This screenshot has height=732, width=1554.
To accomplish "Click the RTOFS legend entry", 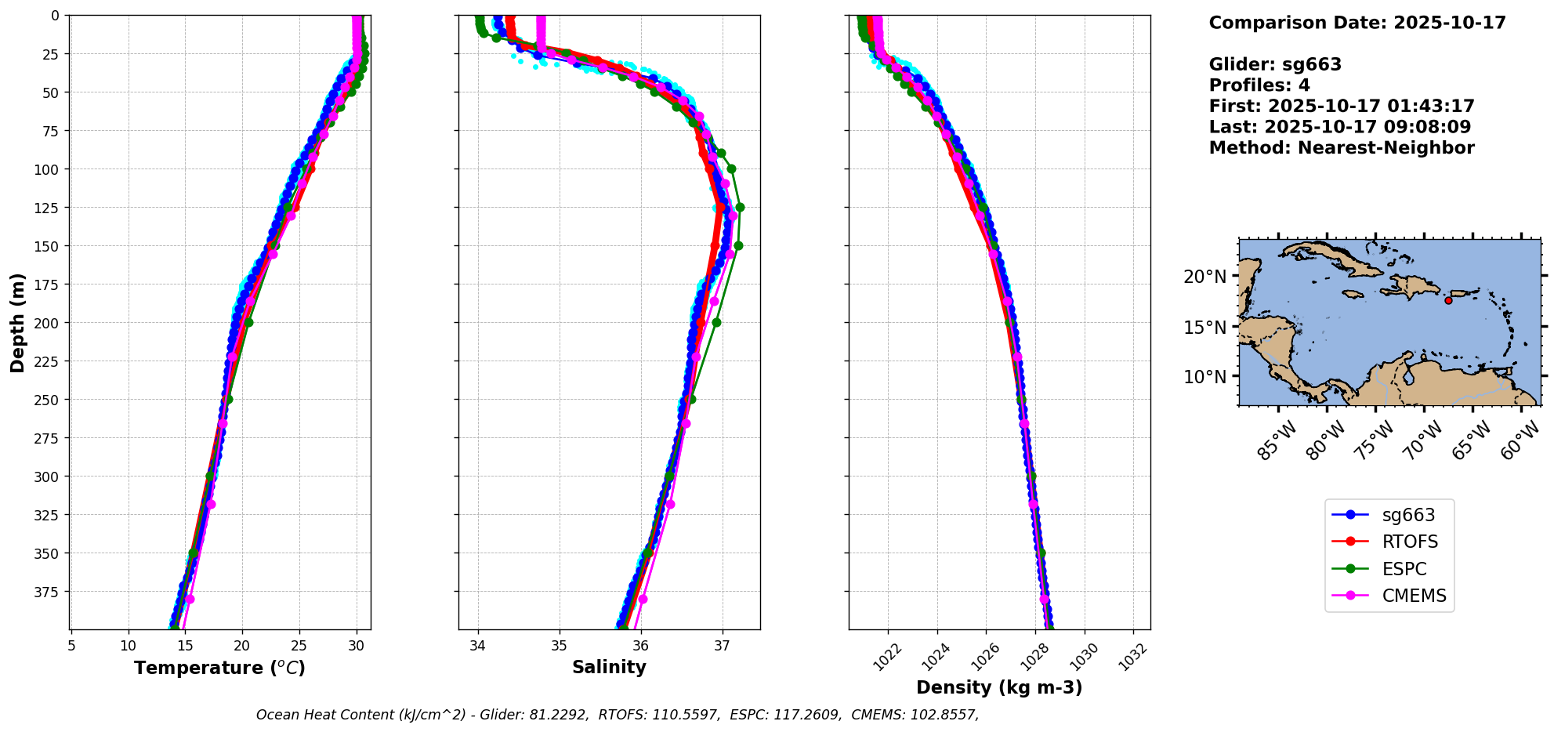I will click(x=1410, y=542).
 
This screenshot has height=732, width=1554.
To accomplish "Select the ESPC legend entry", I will click(x=1404, y=569).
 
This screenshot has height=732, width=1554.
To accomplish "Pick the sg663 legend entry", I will click(x=1408, y=515).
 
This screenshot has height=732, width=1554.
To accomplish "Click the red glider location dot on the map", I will click(x=1448, y=300).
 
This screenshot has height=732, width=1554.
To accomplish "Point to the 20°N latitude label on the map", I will click(x=1204, y=277).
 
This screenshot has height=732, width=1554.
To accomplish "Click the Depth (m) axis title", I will click(x=18, y=322).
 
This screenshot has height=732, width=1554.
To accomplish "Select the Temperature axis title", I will click(x=219, y=669).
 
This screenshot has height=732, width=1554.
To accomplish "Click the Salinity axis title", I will click(x=609, y=668).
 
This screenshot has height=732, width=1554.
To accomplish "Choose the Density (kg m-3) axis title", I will click(x=999, y=688).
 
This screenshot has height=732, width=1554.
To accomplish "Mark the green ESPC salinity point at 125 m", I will click(x=740, y=208).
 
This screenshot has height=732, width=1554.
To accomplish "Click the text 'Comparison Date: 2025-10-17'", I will click(x=1357, y=23).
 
